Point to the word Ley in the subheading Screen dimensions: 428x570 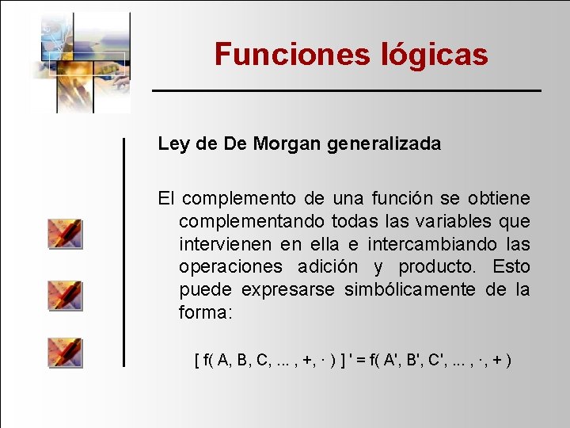point(173,144)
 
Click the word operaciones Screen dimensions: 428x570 point(230,267)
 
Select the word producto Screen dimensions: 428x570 point(435,267)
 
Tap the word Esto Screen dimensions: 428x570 point(511,267)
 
